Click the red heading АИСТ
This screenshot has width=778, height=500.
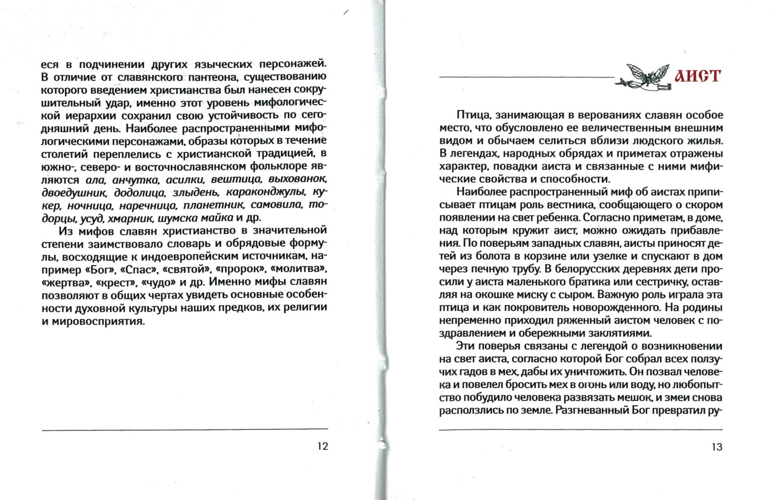pos(697,76)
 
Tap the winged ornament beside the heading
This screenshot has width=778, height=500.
pos(643,77)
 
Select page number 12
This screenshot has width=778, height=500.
pos(322,446)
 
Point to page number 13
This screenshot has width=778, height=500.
pos(717,447)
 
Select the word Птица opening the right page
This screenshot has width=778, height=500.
pos(469,115)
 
